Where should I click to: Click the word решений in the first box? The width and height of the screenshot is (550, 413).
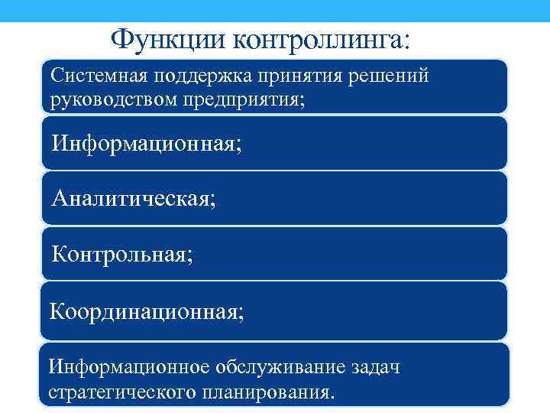pos(387,77)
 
